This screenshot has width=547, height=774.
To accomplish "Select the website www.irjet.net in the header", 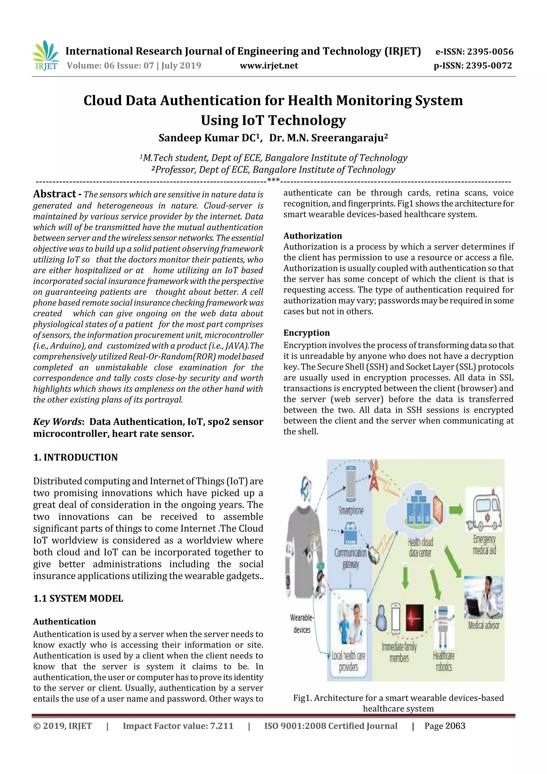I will (269, 65).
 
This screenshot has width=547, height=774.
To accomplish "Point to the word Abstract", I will (54, 194).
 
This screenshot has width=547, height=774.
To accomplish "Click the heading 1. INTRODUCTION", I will (76, 457).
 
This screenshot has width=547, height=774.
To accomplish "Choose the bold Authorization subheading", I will (312, 236).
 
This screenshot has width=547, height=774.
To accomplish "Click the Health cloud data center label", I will (420, 547).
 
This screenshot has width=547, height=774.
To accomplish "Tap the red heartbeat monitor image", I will (415, 618).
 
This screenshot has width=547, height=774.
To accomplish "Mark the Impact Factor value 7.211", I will (178, 726).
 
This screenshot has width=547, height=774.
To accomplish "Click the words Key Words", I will (57, 422).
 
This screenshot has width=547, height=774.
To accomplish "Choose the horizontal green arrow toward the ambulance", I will (456, 510).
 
